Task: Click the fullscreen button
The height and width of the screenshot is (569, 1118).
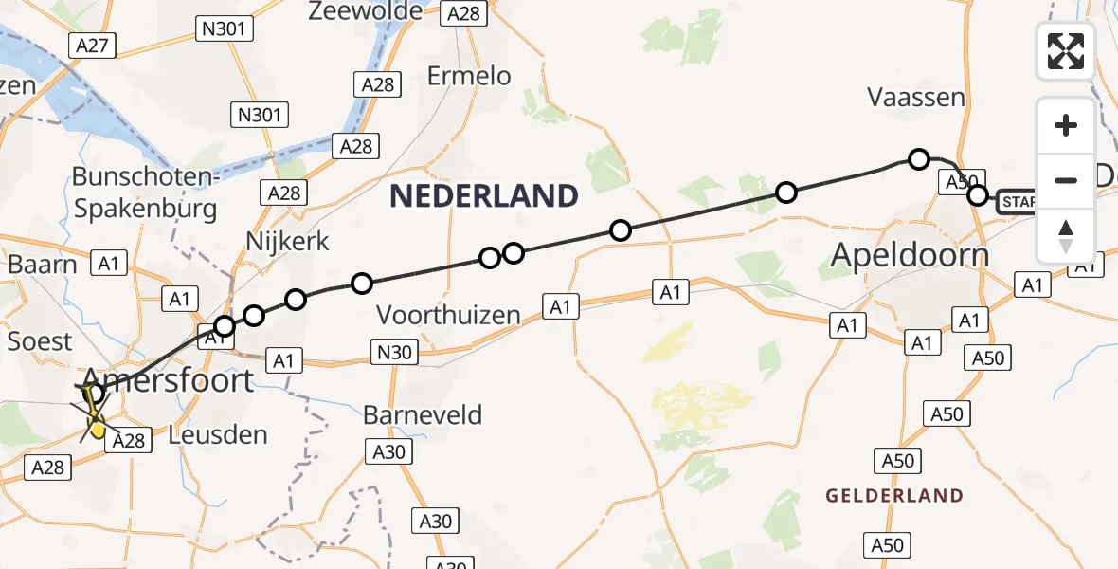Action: (x=1066, y=51)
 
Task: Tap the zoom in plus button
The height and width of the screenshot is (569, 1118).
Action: (x=1066, y=125)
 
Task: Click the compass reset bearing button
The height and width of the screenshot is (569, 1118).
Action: (x=1066, y=235)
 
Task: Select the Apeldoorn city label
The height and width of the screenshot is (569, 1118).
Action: (x=910, y=254)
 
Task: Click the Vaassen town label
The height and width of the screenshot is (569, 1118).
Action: (x=916, y=97)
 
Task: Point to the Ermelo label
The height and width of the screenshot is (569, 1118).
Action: (x=469, y=76)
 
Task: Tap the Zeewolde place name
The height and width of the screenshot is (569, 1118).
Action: (x=365, y=11)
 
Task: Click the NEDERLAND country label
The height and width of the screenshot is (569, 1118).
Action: (x=484, y=196)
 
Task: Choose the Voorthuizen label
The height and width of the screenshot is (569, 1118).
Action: (x=449, y=315)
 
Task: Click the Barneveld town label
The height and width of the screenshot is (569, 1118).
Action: (x=423, y=414)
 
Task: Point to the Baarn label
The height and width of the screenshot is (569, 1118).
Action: (x=42, y=264)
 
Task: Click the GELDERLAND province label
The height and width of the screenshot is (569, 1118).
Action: (x=894, y=496)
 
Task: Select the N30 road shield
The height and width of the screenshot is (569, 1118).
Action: (x=393, y=353)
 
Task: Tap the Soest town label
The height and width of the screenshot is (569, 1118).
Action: (x=40, y=340)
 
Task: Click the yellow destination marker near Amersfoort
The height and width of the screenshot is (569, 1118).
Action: (x=97, y=429)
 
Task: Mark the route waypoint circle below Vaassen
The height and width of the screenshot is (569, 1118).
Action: (x=918, y=159)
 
